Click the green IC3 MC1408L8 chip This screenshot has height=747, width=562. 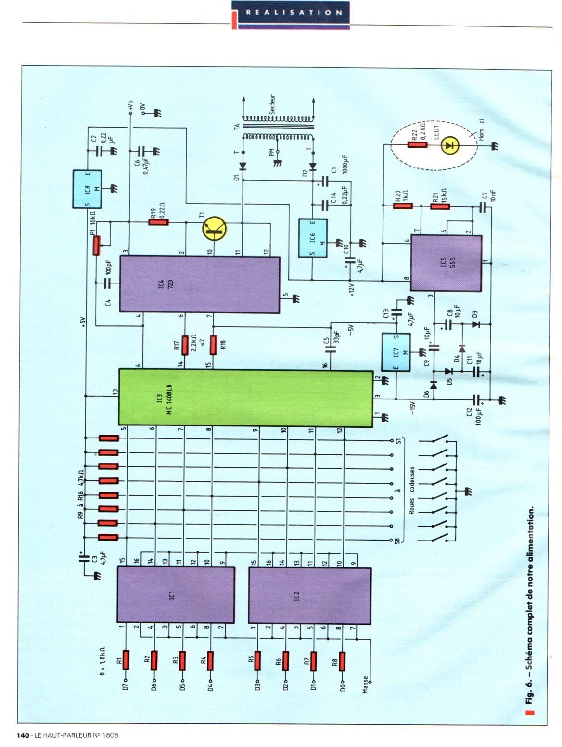click(x=245, y=398)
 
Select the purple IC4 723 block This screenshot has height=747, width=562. click(x=199, y=284)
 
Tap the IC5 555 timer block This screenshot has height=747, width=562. click(x=446, y=263)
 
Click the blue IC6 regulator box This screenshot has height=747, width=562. click(x=312, y=238)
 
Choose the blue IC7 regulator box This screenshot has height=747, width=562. click(x=396, y=352)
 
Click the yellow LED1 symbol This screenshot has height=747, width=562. click(x=450, y=144)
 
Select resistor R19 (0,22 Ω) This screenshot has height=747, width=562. click(x=158, y=222)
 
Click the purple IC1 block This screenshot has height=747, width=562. click(x=176, y=595)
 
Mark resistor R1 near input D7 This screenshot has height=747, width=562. click(x=126, y=660)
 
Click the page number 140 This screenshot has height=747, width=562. click(x=23, y=735)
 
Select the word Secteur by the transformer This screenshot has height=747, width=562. click(x=272, y=104)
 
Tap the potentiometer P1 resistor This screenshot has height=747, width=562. click(x=98, y=245)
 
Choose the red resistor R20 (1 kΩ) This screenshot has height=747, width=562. click(x=403, y=206)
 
